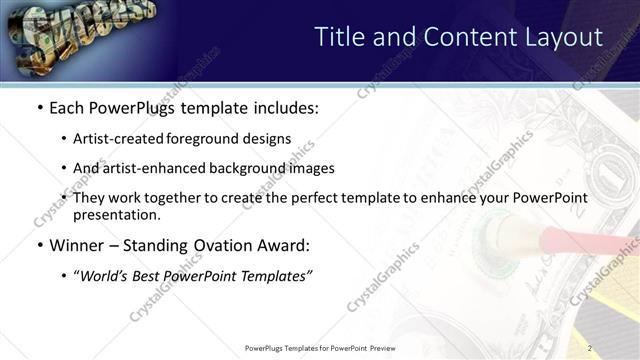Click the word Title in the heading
point(341,37)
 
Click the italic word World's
point(106,277)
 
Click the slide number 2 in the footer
point(591,348)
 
